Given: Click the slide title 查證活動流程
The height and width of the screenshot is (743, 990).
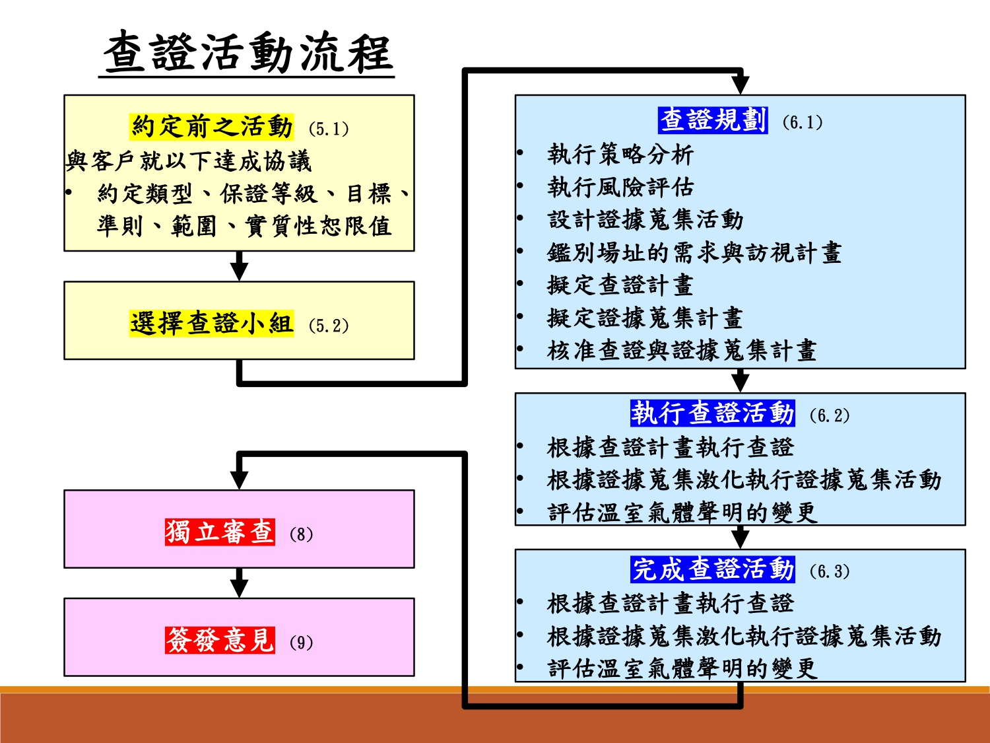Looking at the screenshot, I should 248,53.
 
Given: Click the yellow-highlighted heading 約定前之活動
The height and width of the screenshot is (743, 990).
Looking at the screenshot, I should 212,126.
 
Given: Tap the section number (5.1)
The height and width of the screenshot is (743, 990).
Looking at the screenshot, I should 328,129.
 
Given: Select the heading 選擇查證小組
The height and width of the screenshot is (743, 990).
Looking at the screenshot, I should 212,324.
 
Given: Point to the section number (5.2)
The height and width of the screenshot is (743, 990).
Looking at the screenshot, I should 328,326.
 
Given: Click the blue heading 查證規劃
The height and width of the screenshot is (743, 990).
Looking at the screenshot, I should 713,120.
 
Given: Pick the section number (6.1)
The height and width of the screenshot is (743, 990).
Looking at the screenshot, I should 802,122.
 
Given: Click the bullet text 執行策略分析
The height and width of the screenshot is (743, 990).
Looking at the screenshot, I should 620,155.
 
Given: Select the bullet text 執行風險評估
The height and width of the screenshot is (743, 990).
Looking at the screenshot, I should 620,188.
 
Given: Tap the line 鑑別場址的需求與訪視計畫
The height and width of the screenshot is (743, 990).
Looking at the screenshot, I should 694,252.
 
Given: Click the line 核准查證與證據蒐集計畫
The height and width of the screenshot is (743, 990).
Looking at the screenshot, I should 682,351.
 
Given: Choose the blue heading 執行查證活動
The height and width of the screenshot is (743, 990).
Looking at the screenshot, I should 712,413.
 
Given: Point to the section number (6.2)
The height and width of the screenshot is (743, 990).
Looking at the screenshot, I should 829,415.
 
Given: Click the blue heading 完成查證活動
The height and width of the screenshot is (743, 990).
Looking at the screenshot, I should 712,569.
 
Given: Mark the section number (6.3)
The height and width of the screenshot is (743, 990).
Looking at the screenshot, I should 829,571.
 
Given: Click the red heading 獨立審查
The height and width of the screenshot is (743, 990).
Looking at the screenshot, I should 220,532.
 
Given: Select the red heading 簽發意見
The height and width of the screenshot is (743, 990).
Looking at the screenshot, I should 220,640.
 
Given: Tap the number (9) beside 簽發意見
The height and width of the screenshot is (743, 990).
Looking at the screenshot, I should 301,643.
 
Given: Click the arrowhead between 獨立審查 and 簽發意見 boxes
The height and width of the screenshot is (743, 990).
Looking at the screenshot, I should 239,587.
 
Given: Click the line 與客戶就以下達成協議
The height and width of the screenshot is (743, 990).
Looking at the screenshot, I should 188,160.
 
